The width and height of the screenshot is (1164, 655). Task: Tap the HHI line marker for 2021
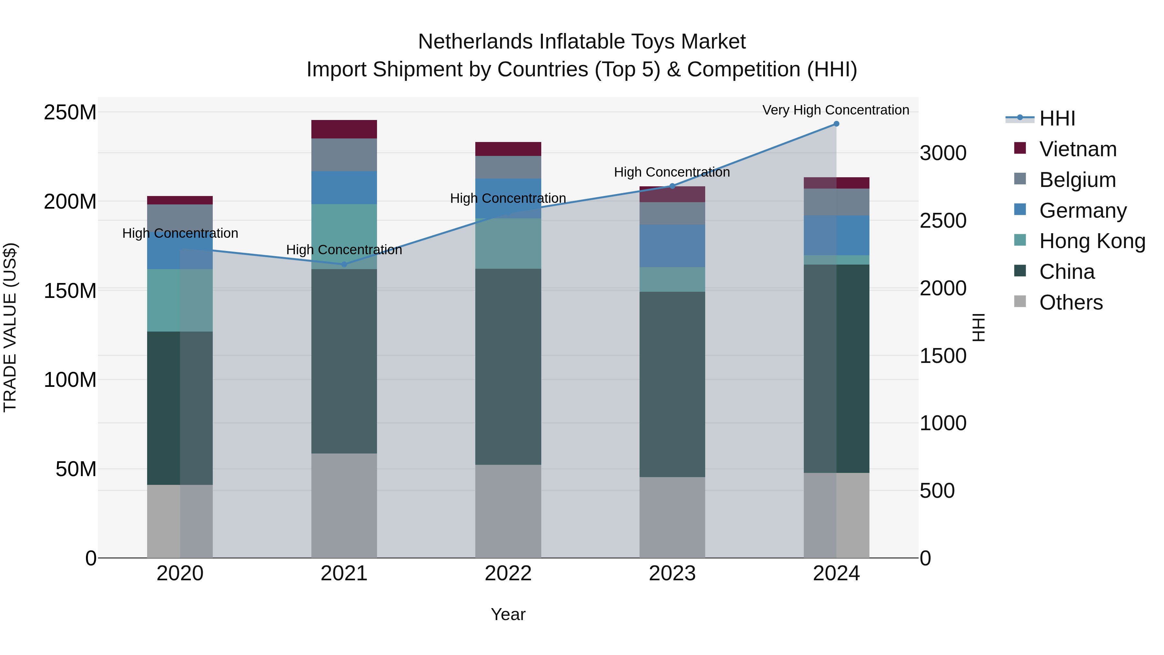click(x=344, y=265)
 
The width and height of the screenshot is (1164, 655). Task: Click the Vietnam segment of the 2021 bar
click(x=344, y=129)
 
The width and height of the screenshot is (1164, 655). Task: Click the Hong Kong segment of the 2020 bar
click(x=180, y=300)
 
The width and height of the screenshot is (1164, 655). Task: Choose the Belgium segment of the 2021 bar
click(x=344, y=155)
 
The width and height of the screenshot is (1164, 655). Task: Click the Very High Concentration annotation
click(x=835, y=110)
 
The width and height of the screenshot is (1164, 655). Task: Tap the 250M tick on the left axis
click(x=70, y=112)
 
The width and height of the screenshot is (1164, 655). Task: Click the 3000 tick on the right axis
click(x=943, y=153)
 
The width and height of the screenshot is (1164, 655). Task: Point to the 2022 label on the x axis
click(x=508, y=573)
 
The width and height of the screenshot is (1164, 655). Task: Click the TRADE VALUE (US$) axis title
click(x=10, y=327)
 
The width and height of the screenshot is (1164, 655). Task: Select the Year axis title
click(x=508, y=614)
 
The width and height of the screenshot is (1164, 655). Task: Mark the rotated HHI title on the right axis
click(x=978, y=327)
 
